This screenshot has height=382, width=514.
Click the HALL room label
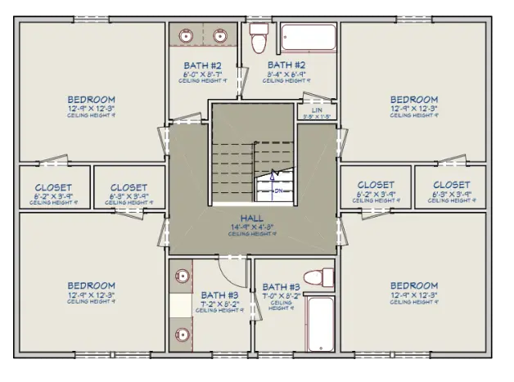[251, 218]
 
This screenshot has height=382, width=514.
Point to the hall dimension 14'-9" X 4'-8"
[251, 227]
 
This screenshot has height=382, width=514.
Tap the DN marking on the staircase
[277, 191]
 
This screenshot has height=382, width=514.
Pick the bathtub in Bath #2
[309, 38]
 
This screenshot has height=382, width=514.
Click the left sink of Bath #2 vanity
[187, 36]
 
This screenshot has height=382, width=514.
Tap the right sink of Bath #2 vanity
[220, 36]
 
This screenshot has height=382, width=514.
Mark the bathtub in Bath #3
[321, 325]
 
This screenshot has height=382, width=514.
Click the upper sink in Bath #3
[182, 275]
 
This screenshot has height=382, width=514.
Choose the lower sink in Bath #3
[182, 333]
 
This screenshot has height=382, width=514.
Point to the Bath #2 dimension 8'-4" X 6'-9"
[286, 74]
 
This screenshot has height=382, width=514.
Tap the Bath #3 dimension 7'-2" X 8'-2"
[219, 303]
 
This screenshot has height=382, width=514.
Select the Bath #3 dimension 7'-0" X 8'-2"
[280, 295]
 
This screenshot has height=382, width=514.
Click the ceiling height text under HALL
[251, 234]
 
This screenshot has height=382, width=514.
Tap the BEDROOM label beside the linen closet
[413, 100]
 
